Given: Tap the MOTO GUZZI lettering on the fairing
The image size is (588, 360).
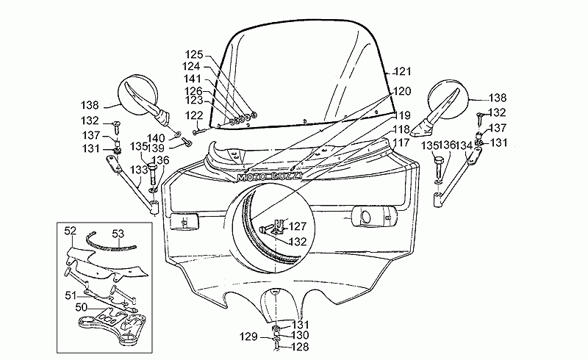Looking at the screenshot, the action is [270, 176].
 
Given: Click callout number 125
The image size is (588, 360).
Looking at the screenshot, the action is [194, 55].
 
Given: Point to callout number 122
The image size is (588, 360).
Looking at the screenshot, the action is [194, 115].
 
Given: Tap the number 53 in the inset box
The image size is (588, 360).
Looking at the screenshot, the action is [118, 234].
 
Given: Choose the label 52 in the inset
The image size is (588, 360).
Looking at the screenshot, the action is [71, 231].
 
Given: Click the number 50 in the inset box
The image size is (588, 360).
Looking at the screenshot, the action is [82, 308].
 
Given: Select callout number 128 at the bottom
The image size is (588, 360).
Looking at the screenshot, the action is [300, 347].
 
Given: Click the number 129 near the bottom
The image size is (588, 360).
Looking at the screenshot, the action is [249, 336].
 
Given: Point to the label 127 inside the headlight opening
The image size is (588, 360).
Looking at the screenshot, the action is [298, 226].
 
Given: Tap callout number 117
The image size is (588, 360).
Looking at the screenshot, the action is [401, 143].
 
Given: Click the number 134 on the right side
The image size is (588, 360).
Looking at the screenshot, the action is [465, 145].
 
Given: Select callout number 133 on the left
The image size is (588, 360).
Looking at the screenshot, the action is [139, 170].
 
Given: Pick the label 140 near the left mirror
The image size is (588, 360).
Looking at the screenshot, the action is [156, 139].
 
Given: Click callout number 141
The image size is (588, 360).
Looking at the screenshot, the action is [193, 79].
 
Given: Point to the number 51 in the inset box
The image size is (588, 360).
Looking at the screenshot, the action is [71, 295].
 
